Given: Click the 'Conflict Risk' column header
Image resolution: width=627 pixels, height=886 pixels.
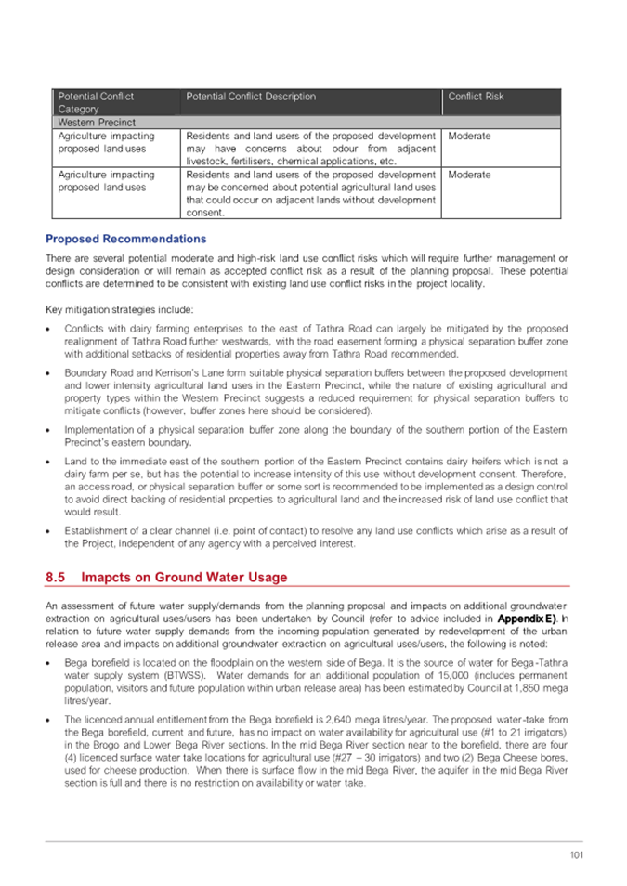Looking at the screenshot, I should coord(476,97).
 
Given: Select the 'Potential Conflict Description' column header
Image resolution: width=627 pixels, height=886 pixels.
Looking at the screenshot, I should coord(251,97).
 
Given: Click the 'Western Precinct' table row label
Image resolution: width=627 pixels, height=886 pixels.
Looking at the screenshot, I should coord(97,123).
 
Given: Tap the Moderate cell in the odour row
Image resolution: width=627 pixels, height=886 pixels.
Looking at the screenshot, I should coord(469,137).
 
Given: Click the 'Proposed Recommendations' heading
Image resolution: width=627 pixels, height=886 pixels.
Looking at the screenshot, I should coord(126,239).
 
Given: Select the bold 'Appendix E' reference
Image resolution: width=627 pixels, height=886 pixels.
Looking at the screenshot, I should coord(526,617).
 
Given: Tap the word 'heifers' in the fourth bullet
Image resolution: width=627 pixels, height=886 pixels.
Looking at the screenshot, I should coord(419,462).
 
